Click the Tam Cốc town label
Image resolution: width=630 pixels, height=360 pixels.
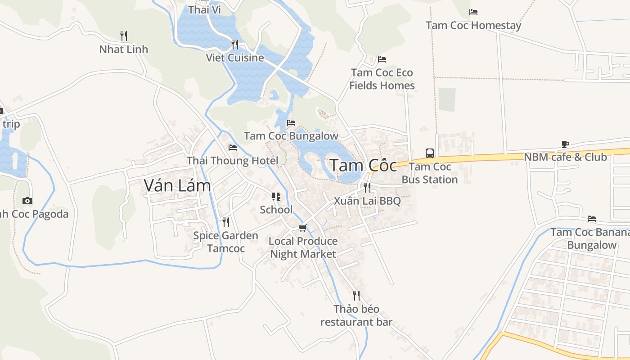coord(363,166)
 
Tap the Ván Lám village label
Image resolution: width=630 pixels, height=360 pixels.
coord(177,185)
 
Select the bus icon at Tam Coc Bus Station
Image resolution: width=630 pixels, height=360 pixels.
coord(430,153)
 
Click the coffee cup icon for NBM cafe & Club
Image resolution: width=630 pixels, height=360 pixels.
coord(565,144)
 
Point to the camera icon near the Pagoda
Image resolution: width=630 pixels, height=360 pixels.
coord(27,201)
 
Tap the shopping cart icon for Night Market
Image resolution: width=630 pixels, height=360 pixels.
coord(303,228)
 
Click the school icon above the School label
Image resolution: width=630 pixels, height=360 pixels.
coord(276,197)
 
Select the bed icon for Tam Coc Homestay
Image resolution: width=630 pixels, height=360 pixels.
coord(473,12)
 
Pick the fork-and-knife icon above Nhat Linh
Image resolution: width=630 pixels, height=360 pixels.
coord(124,36)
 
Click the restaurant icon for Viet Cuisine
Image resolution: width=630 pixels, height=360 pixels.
coord(235,44)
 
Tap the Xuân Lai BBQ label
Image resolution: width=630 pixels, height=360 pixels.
coord(367,201)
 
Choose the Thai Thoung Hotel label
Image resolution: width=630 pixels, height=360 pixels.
coord(232,161)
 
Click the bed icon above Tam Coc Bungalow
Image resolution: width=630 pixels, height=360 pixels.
coord(291,122)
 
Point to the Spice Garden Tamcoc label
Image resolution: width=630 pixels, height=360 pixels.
coord(225,242)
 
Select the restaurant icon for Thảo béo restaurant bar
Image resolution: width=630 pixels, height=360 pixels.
coord(356,296)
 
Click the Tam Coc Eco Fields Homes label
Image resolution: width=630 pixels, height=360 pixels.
coord(382,79)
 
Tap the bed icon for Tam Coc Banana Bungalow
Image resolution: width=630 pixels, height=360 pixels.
coord(592,219)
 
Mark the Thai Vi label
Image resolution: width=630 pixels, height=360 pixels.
coord(204,9)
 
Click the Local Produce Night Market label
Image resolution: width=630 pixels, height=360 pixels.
coord(303,247)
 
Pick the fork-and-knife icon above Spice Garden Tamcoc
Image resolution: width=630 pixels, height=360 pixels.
coord(226,222)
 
